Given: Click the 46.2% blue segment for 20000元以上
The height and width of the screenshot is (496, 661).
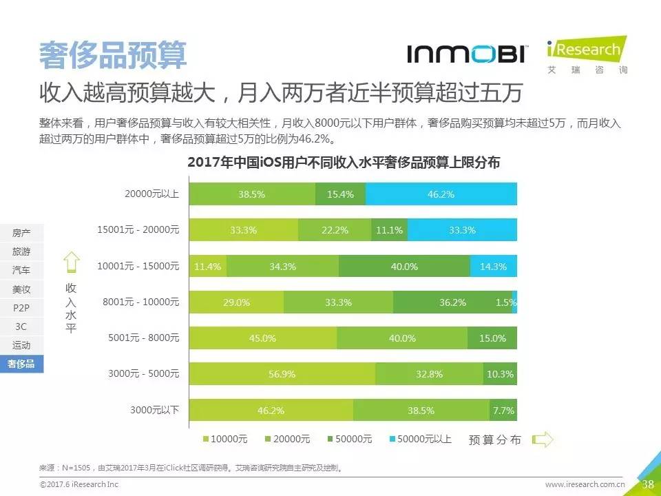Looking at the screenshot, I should [x=441, y=194].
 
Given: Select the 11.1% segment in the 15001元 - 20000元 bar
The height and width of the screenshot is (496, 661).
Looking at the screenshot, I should [x=390, y=230].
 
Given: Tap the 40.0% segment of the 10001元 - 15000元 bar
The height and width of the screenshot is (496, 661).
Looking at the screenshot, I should [x=404, y=266].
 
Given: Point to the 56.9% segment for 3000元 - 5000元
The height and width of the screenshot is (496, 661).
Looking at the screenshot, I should [x=282, y=374].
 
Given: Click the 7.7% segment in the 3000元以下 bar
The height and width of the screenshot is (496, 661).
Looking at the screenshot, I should [x=503, y=410].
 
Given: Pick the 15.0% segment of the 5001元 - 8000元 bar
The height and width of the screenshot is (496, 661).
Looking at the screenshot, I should [x=492, y=338].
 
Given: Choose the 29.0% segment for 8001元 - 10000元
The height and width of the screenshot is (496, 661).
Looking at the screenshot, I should [x=236, y=302].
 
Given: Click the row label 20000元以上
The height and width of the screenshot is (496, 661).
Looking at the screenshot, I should [x=151, y=194].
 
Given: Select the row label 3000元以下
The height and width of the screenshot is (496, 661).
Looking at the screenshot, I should [x=155, y=410].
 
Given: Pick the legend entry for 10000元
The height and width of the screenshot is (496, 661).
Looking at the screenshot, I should [x=224, y=439].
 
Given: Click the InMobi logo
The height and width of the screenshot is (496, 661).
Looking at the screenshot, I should [x=467, y=54].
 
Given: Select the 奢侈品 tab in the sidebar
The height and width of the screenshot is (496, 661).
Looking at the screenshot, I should [x=21, y=364].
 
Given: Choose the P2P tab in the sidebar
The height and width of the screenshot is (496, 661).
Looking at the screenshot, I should [x=21, y=307].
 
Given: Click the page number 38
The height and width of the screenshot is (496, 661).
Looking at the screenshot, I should [x=648, y=484].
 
